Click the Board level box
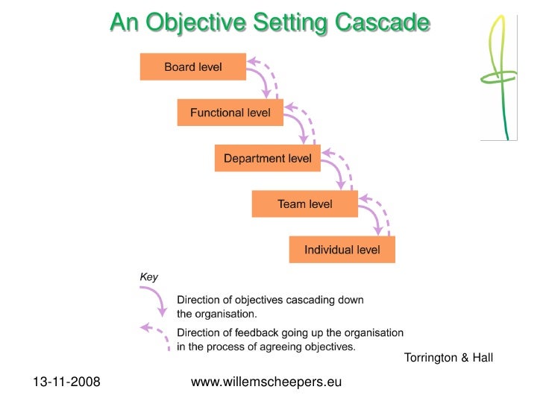click(x=192, y=67)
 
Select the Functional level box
click(x=230, y=113)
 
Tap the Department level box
click(x=267, y=158)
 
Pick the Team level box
click(x=304, y=203)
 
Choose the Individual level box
click(x=342, y=249)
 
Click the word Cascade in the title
click(x=382, y=23)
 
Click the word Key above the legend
click(x=149, y=277)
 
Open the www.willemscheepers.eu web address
click(x=266, y=382)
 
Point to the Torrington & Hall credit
click(x=448, y=358)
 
